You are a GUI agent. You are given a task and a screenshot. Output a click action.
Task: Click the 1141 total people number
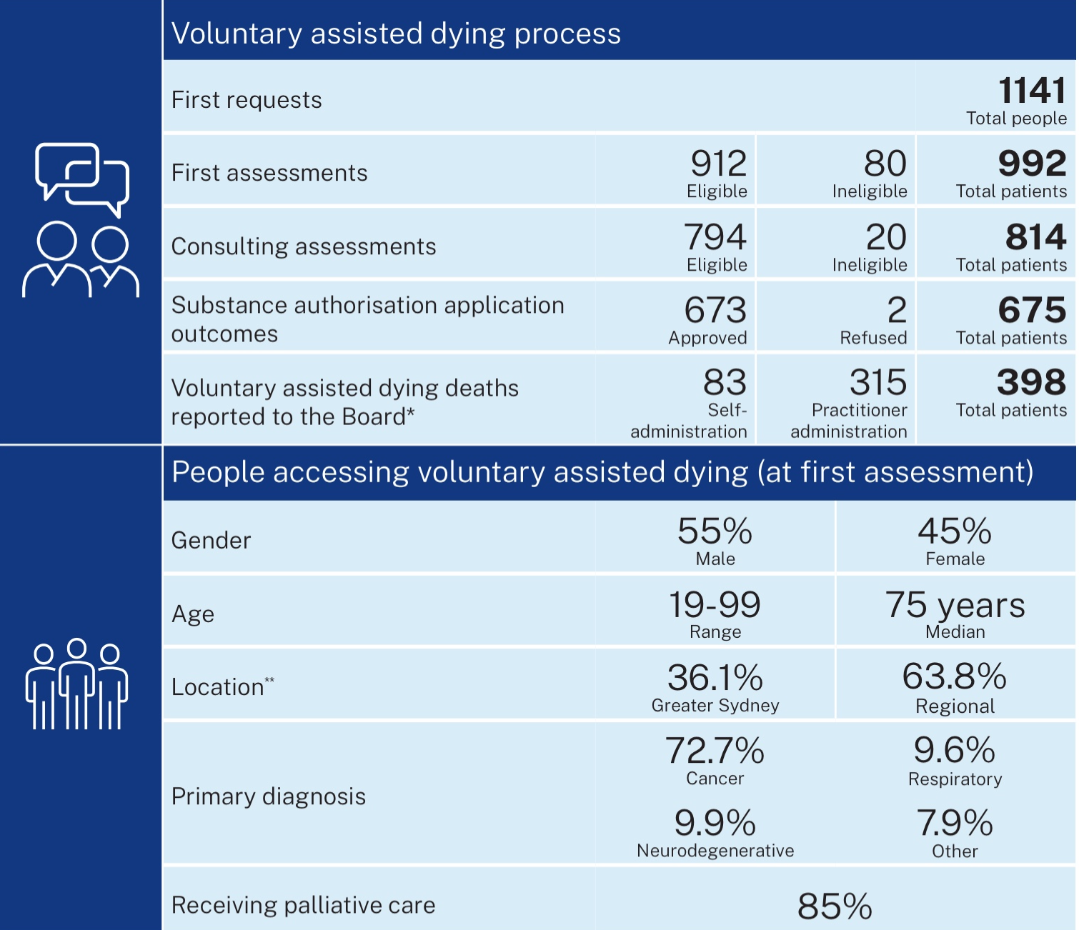click(1032, 91)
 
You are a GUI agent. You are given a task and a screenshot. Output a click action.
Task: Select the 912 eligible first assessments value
click(718, 164)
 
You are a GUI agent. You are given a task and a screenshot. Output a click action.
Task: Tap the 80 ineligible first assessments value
click(885, 164)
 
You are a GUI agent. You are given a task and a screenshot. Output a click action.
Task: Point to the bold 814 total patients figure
click(1035, 237)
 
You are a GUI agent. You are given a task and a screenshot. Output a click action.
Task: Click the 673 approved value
click(715, 310)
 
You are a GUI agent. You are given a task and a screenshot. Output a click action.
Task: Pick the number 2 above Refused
click(897, 310)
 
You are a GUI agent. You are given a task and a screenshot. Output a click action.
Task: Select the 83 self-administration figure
click(725, 382)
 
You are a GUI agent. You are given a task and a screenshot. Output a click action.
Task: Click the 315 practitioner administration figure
click(877, 382)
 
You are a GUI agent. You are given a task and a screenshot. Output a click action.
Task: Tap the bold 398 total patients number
click(1031, 382)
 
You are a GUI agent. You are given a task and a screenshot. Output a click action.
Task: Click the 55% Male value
click(715, 531)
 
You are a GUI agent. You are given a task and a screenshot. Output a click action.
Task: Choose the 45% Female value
click(955, 531)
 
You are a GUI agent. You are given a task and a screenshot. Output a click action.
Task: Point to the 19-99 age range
click(715, 605)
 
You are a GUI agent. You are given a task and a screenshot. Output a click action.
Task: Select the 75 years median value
click(955, 605)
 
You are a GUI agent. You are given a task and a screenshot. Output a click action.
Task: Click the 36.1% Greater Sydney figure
click(715, 677)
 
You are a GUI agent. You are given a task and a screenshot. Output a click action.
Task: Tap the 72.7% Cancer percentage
click(715, 751)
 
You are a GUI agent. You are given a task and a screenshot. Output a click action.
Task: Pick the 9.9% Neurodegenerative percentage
click(715, 823)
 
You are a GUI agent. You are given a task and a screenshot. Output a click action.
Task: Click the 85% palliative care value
click(835, 906)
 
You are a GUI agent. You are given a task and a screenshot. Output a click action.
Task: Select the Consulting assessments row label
click(304, 246)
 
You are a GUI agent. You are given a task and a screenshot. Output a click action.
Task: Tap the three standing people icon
click(76, 684)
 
